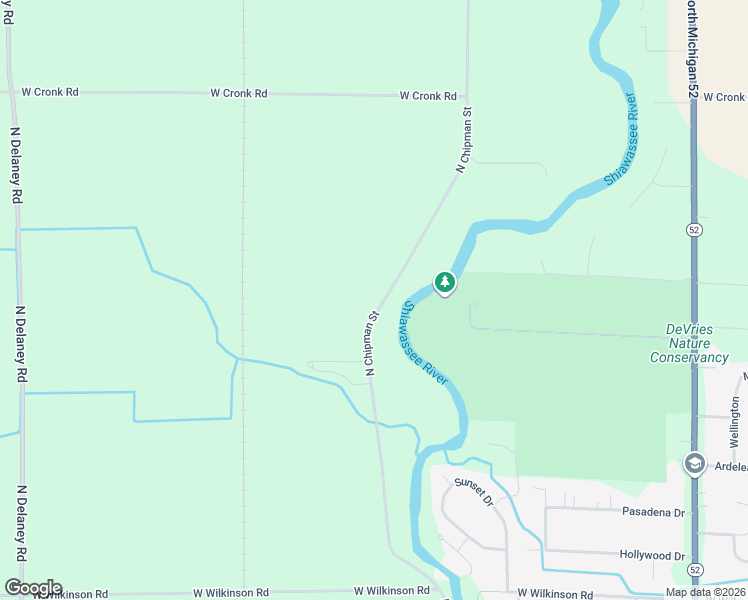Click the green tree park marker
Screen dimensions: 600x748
point(445,283)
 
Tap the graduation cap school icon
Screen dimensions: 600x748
point(694,464)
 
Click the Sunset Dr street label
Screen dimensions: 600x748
point(474,491)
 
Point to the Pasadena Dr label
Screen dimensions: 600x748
point(652,513)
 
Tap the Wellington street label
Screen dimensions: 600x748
point(735,420)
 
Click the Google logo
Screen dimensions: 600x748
point(32,588)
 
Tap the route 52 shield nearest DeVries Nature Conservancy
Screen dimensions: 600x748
point(693,229)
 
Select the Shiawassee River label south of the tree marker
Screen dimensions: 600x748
point(424,342)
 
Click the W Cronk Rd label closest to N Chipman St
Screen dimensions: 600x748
point(428,96)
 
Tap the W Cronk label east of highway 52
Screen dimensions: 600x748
point(724,97)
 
